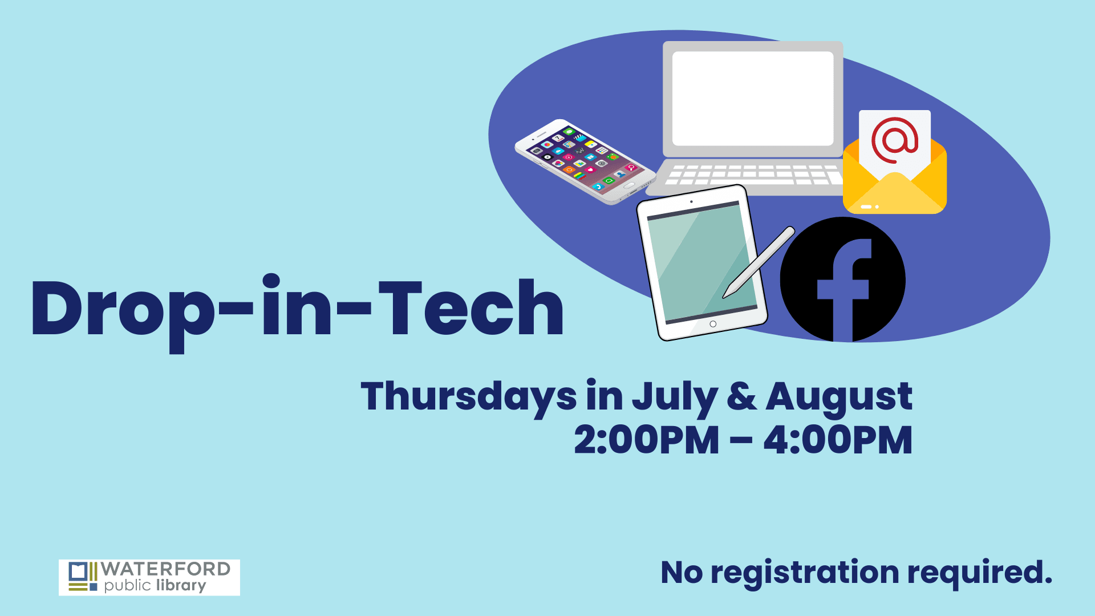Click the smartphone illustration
(585, 161)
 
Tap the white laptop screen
(753, 98)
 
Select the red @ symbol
(894, 140)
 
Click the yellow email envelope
(894, 188)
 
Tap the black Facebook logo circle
(843, 279)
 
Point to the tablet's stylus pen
(759, 262)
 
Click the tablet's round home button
(713, 324)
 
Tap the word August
(838, 397)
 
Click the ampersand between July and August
(741, 397)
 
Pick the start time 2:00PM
(646, 440)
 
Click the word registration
(804, 573)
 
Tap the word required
(979, 573)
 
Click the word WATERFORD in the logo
(165, 569)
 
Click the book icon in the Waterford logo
(78, 571)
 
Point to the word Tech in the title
(471, 308)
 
